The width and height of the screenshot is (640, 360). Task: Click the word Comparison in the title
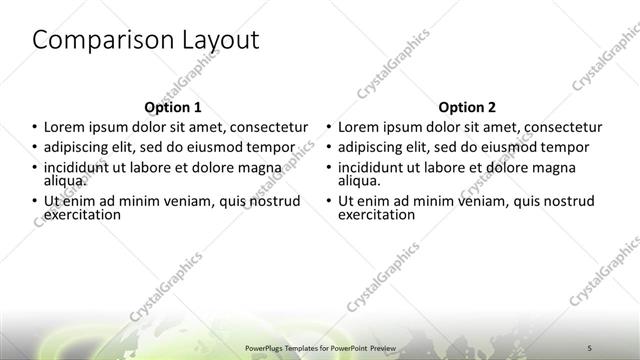click(x=95, y=40)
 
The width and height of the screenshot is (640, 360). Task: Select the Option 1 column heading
click(x=173, y=107)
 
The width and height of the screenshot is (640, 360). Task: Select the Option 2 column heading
click(x=467, y=107)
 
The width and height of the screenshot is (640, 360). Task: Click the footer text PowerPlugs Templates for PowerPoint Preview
click(x=319, y=343)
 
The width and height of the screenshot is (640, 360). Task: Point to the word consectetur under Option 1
click(x=263, y=128)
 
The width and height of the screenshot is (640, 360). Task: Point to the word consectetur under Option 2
click(x=558, y=128)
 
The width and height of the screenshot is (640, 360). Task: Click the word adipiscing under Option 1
click(x=80, y=148)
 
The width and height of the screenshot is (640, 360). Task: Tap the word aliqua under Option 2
click(x=359, y=181)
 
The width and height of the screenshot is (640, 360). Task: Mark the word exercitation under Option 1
click(x=83, y=214)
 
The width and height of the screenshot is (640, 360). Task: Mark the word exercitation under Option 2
click(x=378, y=214)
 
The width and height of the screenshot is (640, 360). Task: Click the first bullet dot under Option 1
click(x=35, y=128)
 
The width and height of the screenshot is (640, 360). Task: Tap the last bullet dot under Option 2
click(x=330, y=201)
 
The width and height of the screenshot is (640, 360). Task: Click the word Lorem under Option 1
click(x=65, y=128)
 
